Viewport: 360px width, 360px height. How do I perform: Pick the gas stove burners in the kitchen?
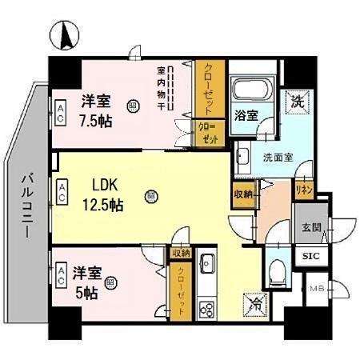[x=207, y=307]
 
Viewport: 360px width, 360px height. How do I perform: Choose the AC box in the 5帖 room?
[x=61, y=275]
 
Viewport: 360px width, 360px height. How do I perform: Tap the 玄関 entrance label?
[x=312, y=227]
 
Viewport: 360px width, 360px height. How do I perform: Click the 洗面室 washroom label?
[x=278, y=157]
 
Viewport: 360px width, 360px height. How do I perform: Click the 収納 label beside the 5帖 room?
[x=180, y=253]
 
